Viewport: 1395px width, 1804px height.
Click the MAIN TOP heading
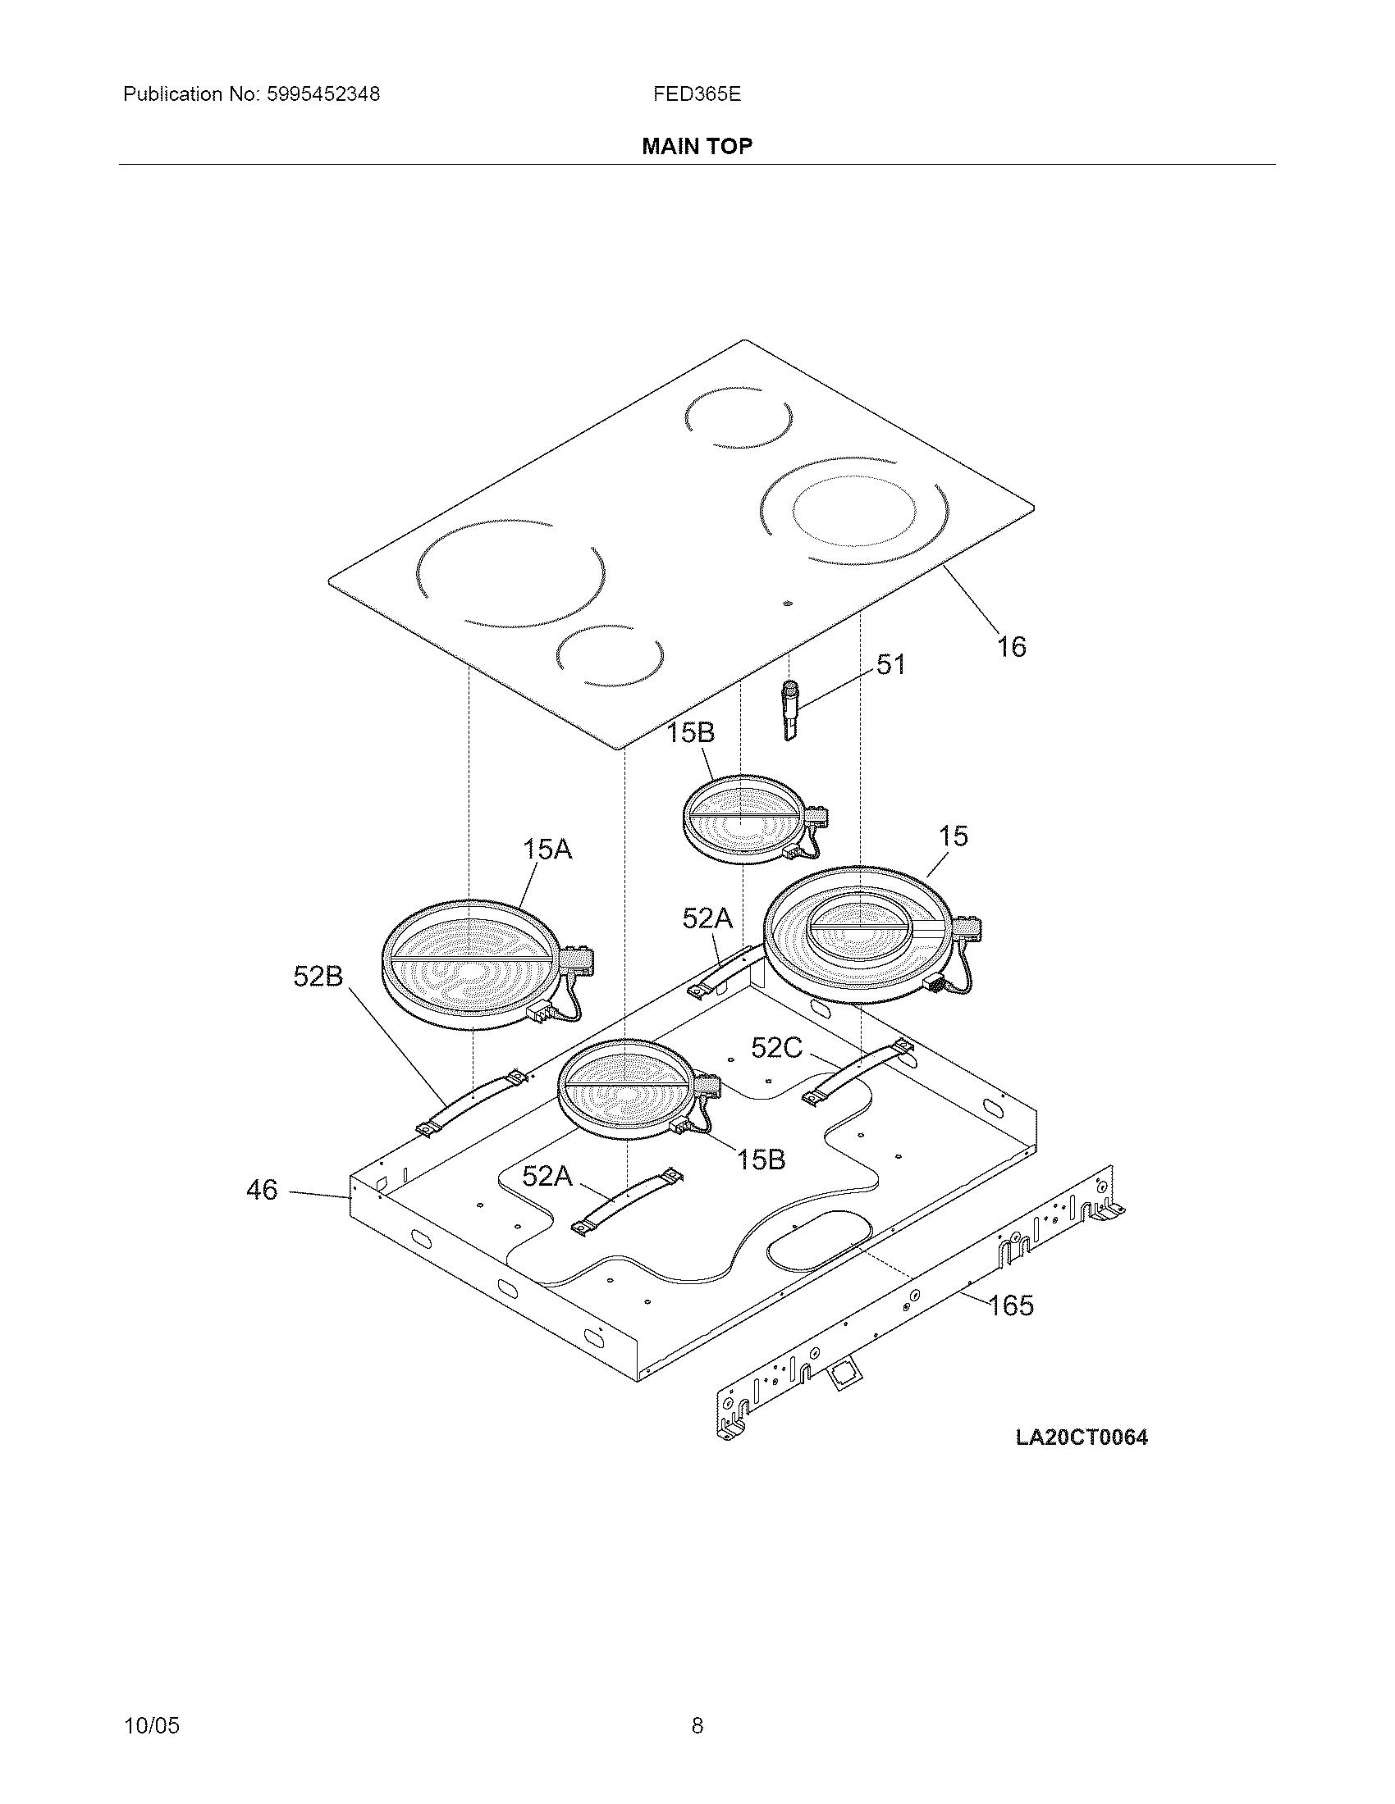(697, 146)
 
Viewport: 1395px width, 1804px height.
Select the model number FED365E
(697, 94)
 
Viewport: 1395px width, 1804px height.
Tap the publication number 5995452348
(323, 94)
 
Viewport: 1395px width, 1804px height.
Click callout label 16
(1011, 647)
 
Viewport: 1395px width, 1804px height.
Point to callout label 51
(890, 664)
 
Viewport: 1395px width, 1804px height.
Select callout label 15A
(547, 850)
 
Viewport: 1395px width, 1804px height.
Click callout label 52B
(318, 977)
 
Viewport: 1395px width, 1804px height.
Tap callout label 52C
(776, 1047)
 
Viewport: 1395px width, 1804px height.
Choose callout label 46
(262, 1190)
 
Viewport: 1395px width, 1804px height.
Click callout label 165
(1011, 1305)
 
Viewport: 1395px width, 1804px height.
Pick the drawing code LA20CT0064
(1081, 1437)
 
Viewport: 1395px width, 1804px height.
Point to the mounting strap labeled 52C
(859, 1072)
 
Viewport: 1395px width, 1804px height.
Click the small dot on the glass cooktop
(787, 603)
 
